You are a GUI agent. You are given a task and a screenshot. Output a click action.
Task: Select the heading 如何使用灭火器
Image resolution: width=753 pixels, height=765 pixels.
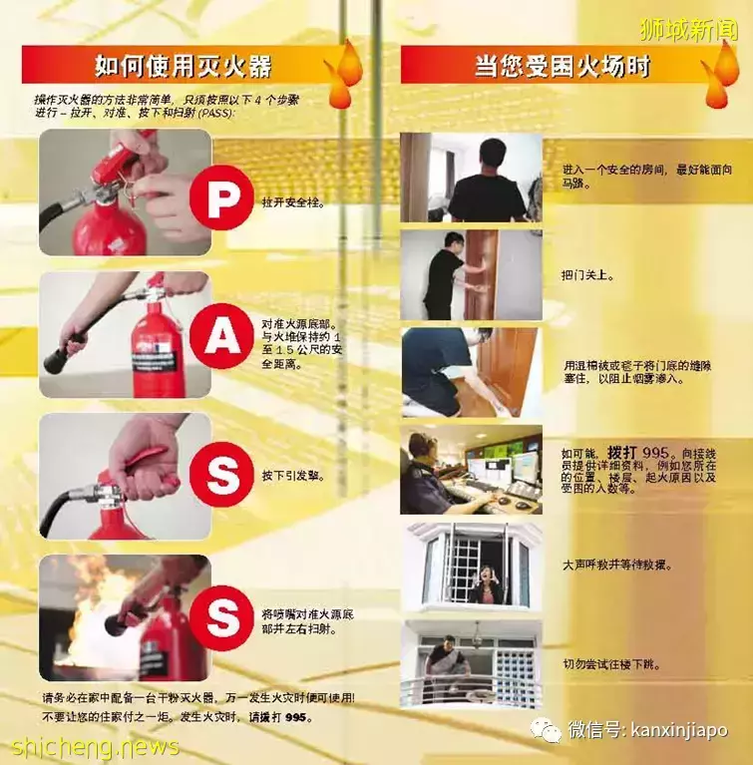pyautogui.click(x=183, y=67)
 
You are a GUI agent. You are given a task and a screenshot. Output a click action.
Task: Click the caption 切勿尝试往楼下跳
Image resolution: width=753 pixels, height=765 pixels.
pyautogui.click(x=610, y=663)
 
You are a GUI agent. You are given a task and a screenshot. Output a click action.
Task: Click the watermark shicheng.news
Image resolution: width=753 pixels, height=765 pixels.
pyautogui.click(x=96, y=746)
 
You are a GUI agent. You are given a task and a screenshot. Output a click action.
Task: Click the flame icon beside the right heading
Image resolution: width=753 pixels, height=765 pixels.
pyautogui.click(x=720, y=75)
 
